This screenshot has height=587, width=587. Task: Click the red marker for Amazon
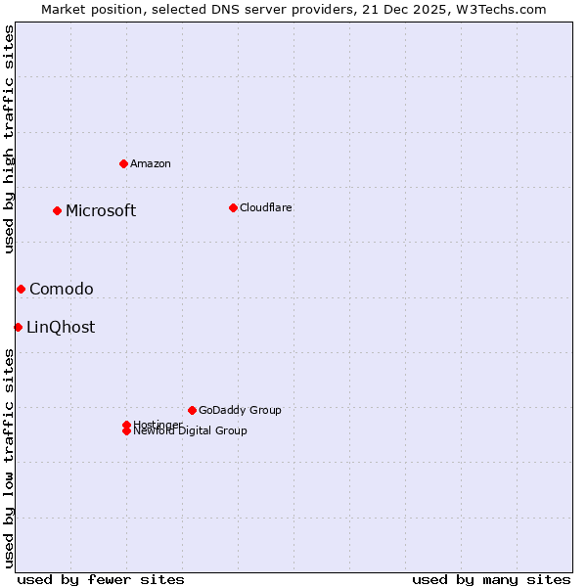pyautogui.click(x=123, y=163)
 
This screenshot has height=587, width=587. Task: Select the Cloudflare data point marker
pyautogui.click(x=233, y=207)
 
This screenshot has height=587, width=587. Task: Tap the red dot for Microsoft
pyautogui.click(x=58, y=210)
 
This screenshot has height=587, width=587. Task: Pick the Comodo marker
pyautogui.click(x=21, y=289)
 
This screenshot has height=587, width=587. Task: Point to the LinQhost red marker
pyautogui.click(x=18, y=327)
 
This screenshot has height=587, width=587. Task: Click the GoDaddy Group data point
pyautogui.click(x=192, y=410)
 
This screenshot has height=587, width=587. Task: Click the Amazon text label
pyautogui.click(x=150, y=163)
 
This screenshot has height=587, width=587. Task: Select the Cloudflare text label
pyautogui.click(x=265, y=207)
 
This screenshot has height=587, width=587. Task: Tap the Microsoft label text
pyautogui.click(x=101, y=210)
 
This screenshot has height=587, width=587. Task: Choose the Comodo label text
pyautogui.click(x=62, y=289)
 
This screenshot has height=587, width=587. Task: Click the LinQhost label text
pyautogui.click(x=61, y=327)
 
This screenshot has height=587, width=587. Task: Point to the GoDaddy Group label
pyautogui.click(x=240, y=410)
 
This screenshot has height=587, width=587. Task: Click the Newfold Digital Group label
pyautogui.click(x=191, y=431)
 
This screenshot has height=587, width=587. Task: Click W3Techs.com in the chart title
pyautogui.click(x=501, y=9)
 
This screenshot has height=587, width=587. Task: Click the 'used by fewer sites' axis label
pyautogui.click(x=101, y=579)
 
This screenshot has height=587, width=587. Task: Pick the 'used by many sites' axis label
pyautogui.click(x=491, y=579)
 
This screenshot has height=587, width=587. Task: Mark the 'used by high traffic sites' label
pyautogui.click(x=9, y=139)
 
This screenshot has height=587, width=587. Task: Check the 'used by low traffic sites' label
pyautogui.click(x=9, y=458)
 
